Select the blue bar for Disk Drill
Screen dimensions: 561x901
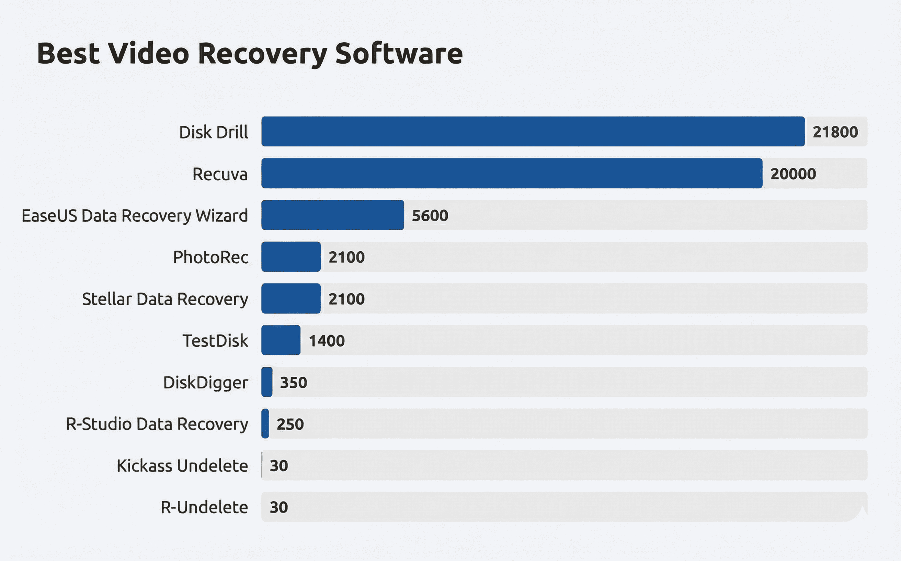[x=533, y=131]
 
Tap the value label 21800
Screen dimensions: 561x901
[x=835, y=132]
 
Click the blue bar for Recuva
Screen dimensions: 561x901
[x=512, y=173]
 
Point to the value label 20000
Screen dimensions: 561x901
[x=793, y=174]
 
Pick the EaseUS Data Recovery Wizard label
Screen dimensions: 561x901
[x=135, y=216]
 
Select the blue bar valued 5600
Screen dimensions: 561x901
[x=332, y=215]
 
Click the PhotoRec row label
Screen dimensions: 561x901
[x=210, y=257]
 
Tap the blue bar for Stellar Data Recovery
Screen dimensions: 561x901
[x=291, y=299]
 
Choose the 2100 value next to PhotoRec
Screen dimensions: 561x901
[x=346, y=257]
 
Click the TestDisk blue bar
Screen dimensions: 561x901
[x=281, y=340]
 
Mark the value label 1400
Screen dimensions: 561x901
[x=327, y=341]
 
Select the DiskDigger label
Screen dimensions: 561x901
[x=205, y=383]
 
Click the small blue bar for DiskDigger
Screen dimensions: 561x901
[x=267, y=382]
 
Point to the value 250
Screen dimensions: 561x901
[x=290, y=424]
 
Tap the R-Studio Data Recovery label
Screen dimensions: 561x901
[x=157, y=424]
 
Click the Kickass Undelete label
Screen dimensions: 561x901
[x=182, y=466]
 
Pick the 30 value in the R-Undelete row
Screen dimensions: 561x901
[x=278, y=507]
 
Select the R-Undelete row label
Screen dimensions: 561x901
[x=204, y=507]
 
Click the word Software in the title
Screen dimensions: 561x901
[x=399, y=54]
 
